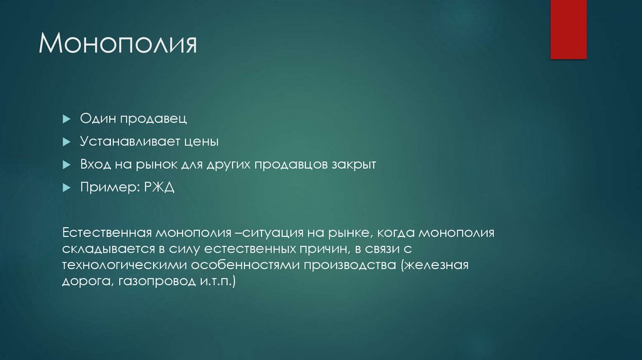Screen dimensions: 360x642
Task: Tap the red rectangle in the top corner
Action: click(568, 29)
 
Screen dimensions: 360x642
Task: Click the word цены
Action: click(201, 142)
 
